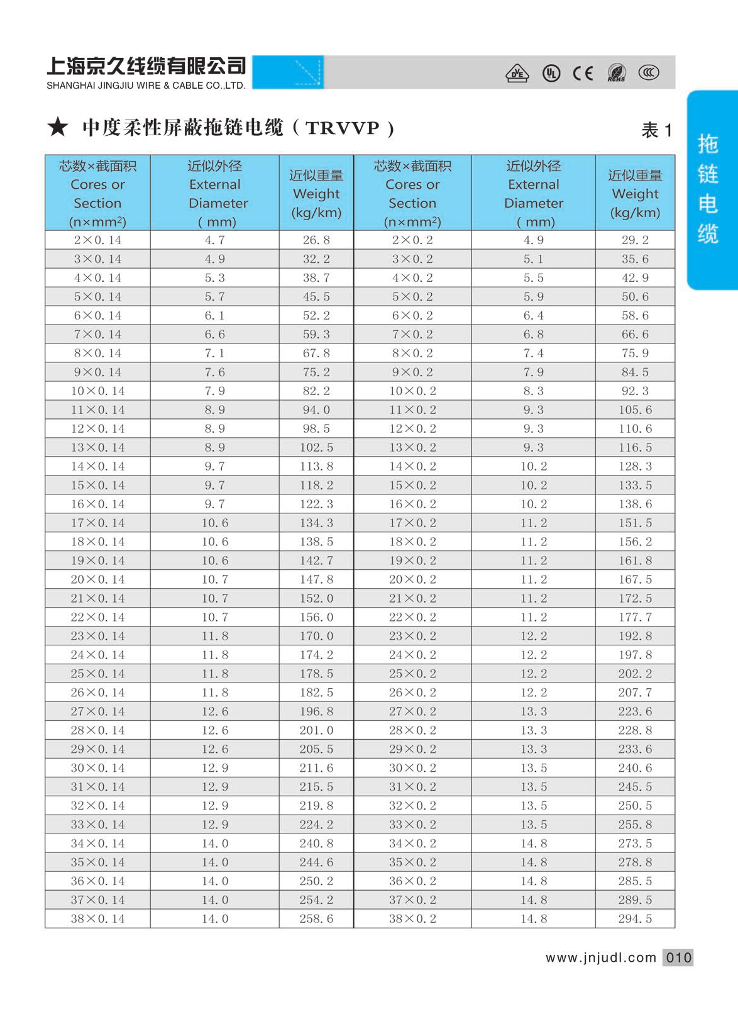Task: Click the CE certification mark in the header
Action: (583, 74)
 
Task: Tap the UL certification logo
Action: (551, 74)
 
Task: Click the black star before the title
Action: (58, 127)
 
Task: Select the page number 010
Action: (678, 957)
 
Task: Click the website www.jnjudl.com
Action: (600, 957)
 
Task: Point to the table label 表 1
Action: (656, 130)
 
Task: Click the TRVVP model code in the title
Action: (343, 128)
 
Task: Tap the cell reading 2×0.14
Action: (97, 240)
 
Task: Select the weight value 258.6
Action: (316, 918)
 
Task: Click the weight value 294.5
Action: (635, 918)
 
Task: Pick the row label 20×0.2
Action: (412, 579)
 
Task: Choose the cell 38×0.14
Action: (97, 918)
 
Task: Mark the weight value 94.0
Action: (316, 410)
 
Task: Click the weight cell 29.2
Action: (635, 240)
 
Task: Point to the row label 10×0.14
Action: (97, 391)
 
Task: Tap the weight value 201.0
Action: (316, 730)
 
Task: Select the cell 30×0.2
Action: (412, 768)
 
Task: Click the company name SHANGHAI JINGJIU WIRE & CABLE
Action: (146, 86)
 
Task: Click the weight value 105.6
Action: (635, 410)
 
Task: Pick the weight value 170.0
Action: (316, 636)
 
